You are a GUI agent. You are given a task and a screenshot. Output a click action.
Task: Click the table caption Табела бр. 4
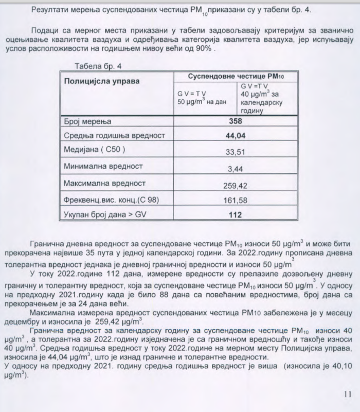[x=98, y=66]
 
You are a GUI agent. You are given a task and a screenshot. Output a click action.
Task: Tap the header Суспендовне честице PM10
[x=236, y=76]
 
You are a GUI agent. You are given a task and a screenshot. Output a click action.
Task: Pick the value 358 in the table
[x=235, y=121]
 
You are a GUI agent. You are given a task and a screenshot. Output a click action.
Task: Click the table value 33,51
[x=235, y=152]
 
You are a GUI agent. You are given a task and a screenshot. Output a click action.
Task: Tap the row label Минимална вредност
[x=103, y=167]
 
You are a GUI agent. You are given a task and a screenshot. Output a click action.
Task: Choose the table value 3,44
[x=235, y=168]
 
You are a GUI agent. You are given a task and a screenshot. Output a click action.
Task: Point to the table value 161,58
[x=235, y=200]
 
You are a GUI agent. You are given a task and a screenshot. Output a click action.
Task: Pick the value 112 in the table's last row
[x=235, y=214]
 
